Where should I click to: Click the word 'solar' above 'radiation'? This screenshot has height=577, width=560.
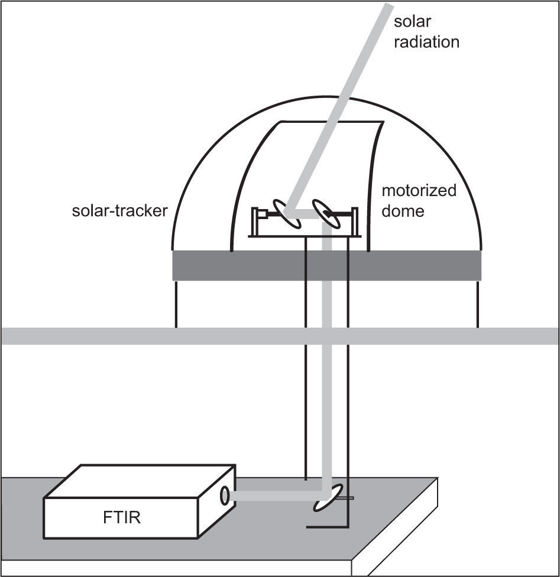point(413,22)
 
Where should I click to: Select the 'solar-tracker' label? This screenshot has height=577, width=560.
point(120,211)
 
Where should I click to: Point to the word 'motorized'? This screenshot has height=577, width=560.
point(419,191)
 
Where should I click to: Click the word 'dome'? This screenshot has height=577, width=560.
point(403,211)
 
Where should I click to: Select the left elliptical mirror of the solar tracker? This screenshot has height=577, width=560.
point(286,213)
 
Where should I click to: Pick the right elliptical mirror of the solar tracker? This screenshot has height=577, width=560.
point(325,213)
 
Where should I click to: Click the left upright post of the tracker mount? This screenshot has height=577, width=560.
point(255,221)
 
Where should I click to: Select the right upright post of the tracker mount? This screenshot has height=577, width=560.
point(355,221)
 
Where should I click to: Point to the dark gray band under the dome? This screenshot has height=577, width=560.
point(326,265)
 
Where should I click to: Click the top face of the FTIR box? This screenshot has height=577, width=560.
point(142,481)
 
